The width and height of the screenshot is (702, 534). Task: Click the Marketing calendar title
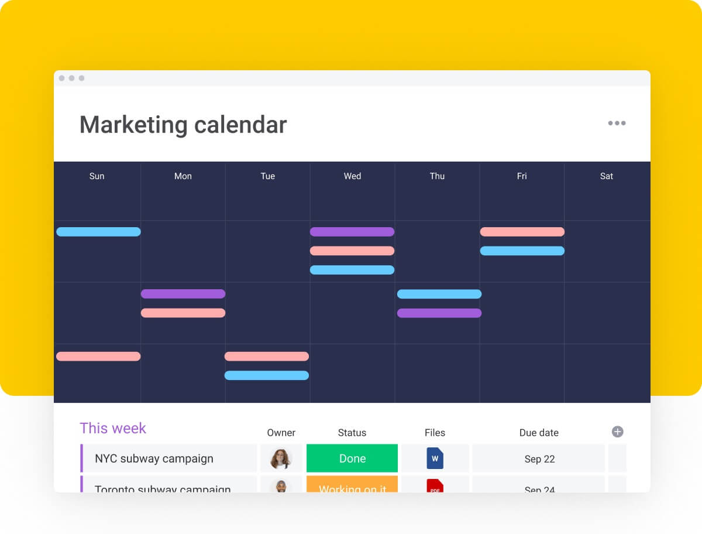pyautogui.click(x=183, y=125)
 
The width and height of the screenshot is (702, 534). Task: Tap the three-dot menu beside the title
pyautogui.click(x=617, y=123)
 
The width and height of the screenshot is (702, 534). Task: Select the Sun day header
pyautogui.click(x=97, y=176)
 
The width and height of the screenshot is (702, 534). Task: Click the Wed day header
pyautogui.click(x=352, y=176)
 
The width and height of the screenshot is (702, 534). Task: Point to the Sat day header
pyautogui.click(x=607, y=176)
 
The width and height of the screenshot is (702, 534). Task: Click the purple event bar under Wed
pyautogui.click(x=352, y=232)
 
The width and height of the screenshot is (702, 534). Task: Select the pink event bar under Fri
pyautogui.click(x=522, y=232)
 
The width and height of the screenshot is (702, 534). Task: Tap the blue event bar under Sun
pyautogui.click(x=98, y=232)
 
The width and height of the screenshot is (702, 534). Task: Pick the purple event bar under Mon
pyautogui.click(x=183, y=294)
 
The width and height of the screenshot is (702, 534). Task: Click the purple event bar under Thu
pyautogui.click(x=439, y=313)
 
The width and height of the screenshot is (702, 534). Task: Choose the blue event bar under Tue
pyautogui.click(x=267, y=375)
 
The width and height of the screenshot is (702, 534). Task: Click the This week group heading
pyautogui.click(x=113, y=429)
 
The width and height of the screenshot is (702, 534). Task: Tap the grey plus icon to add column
pyautogui.click(x=617, y=432)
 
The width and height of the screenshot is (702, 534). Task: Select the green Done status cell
pyautogui.click(x=352, y=458)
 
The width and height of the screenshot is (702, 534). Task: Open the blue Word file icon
pyautogui.click(x=435, y=458)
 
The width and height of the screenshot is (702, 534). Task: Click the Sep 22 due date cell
pyautogui.click(x=539, y=459)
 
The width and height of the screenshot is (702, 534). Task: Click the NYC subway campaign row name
pyautogui.click(x=154, y=458)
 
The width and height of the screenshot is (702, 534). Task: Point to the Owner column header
pyautogui.click(x=281, y=433)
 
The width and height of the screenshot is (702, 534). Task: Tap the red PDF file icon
pyautogui.click(x=435, y=486)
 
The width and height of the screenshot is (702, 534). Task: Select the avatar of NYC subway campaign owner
pyautogui.click(x=281, y=458)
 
